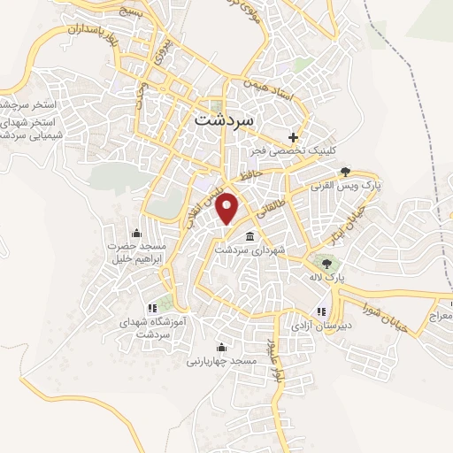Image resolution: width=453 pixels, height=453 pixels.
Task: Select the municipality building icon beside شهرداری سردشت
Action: pyautogui.click(x=250, y=237)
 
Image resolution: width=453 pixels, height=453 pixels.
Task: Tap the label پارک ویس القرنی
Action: pyautogui.click(x=343, y=188)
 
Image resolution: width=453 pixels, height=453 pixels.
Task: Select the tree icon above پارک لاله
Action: pyautogui.click(x=326, y=263)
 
